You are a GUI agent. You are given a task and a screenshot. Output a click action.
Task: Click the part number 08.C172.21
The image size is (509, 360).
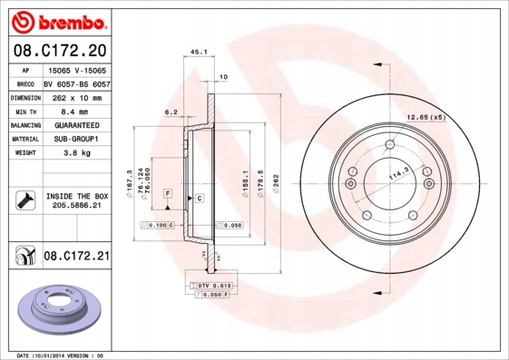pos(76,257)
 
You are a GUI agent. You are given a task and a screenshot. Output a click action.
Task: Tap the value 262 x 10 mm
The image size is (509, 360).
pos(76,97)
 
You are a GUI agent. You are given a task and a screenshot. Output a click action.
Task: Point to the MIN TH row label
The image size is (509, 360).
pos(24,111)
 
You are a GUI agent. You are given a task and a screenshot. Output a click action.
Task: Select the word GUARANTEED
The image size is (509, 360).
pos(76,125)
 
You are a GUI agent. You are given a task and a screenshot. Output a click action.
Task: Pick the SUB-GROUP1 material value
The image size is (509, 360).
pos(76,140)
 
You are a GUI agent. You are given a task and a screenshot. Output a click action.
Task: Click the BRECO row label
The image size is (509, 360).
pos(24,83)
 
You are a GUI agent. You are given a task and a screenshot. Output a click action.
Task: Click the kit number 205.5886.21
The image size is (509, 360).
pos(76,206)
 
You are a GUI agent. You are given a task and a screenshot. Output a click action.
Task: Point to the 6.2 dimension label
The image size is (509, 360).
pos(170,112)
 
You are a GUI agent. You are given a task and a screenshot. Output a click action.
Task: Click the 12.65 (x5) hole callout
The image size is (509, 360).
pos(426,117)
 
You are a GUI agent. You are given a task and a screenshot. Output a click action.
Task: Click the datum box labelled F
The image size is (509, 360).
pos(168,194)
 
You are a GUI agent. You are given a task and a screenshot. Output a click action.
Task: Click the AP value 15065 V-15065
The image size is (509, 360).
pos(76,69)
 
